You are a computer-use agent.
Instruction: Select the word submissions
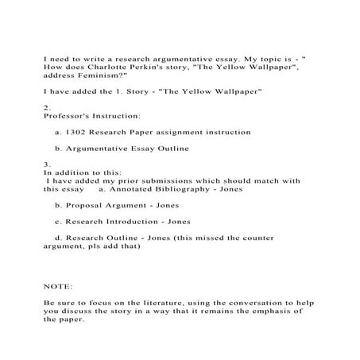[180, 180]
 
